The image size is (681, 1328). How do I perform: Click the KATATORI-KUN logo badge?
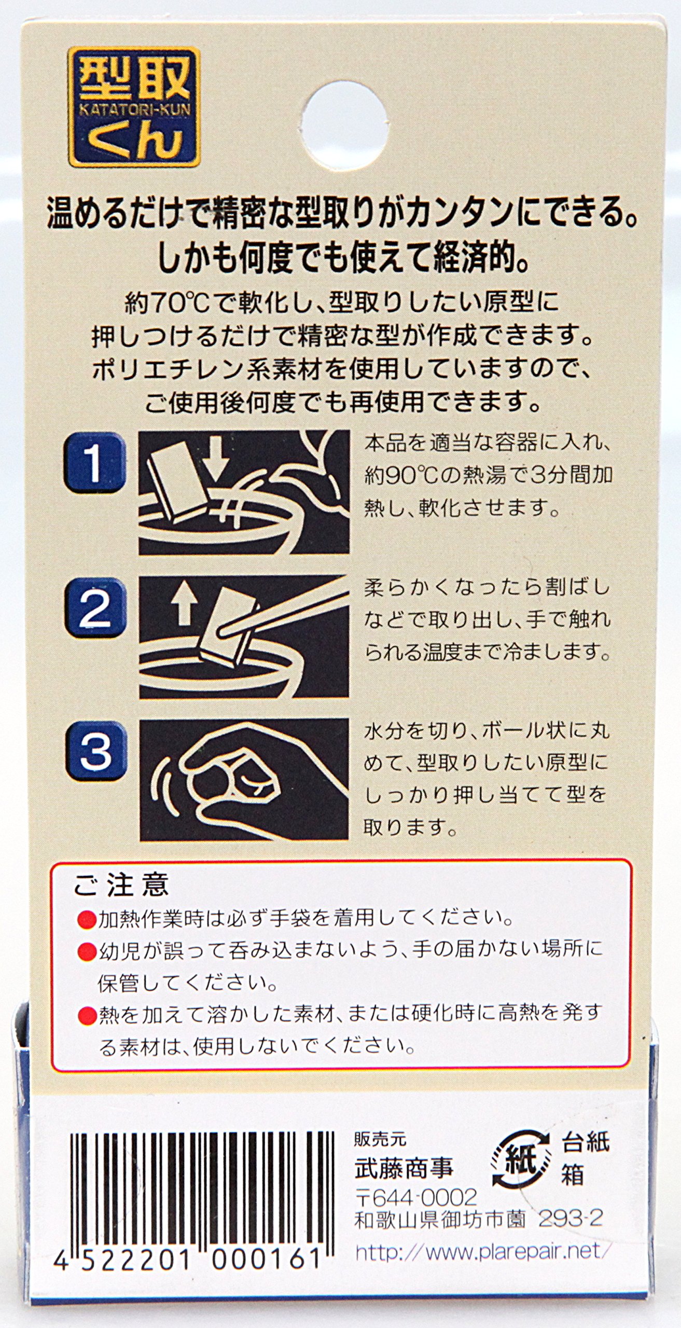134,106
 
